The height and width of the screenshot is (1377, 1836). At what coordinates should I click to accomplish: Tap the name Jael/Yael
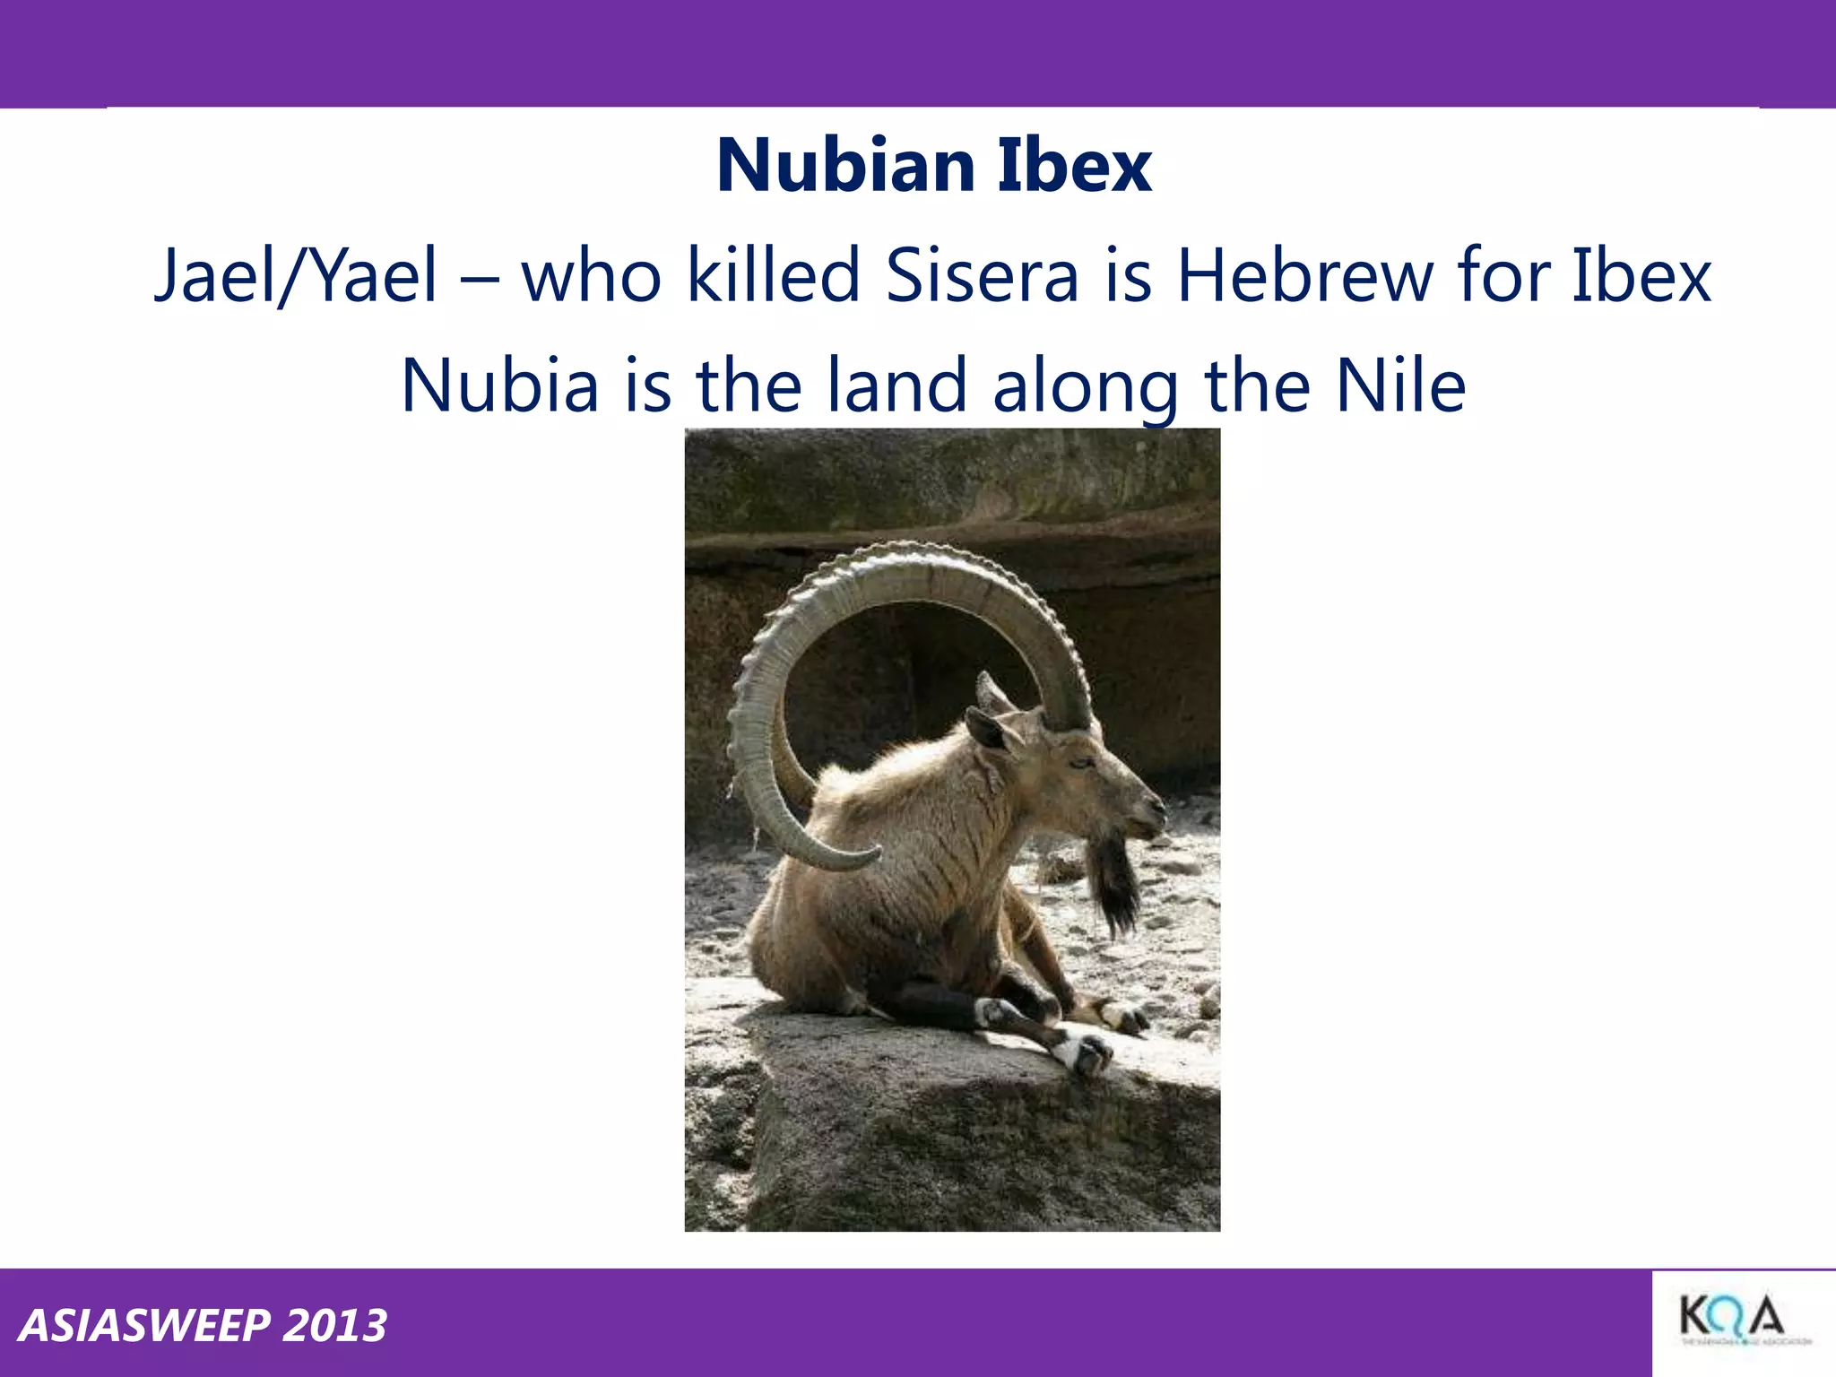point(297,275)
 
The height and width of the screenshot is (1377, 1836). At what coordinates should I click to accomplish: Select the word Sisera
point(983,275)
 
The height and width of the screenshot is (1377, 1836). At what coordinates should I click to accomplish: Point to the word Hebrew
point(1305,275)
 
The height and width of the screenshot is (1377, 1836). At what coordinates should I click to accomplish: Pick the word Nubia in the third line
point(499,385)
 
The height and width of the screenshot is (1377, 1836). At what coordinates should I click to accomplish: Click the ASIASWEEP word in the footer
point(143,1326)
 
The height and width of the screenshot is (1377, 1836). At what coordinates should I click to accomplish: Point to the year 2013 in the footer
point(334,1326)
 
